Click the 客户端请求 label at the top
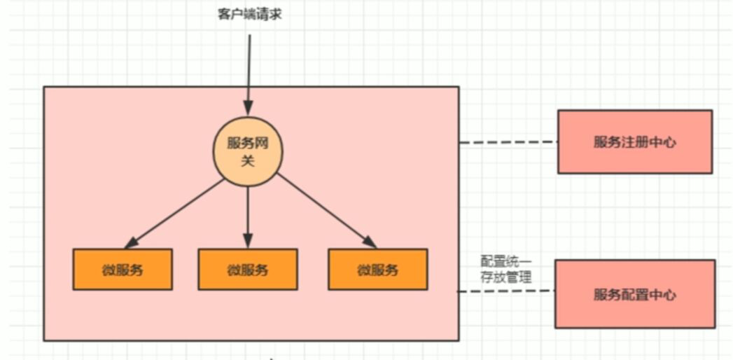click(x=249, y=14)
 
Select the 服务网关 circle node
click(x=247, y=151)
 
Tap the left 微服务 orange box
click(x=123, y=269)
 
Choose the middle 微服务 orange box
click(x=247, y=269)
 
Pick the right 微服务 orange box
click(x=377, y=269)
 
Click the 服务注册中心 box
click(x=634, y=141)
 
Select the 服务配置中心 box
click(x=634, y=294)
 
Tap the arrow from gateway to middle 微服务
click(x=247, y=214)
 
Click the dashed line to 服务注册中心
click(x=508, y=142)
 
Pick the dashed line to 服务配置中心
click(x=507, y=291)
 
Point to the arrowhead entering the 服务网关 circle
click(x=248, y=109)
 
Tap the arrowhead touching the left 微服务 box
click(x=132, y=242)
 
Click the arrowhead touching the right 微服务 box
click(x=368, y=242)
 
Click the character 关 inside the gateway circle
click(x=247, y=161)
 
